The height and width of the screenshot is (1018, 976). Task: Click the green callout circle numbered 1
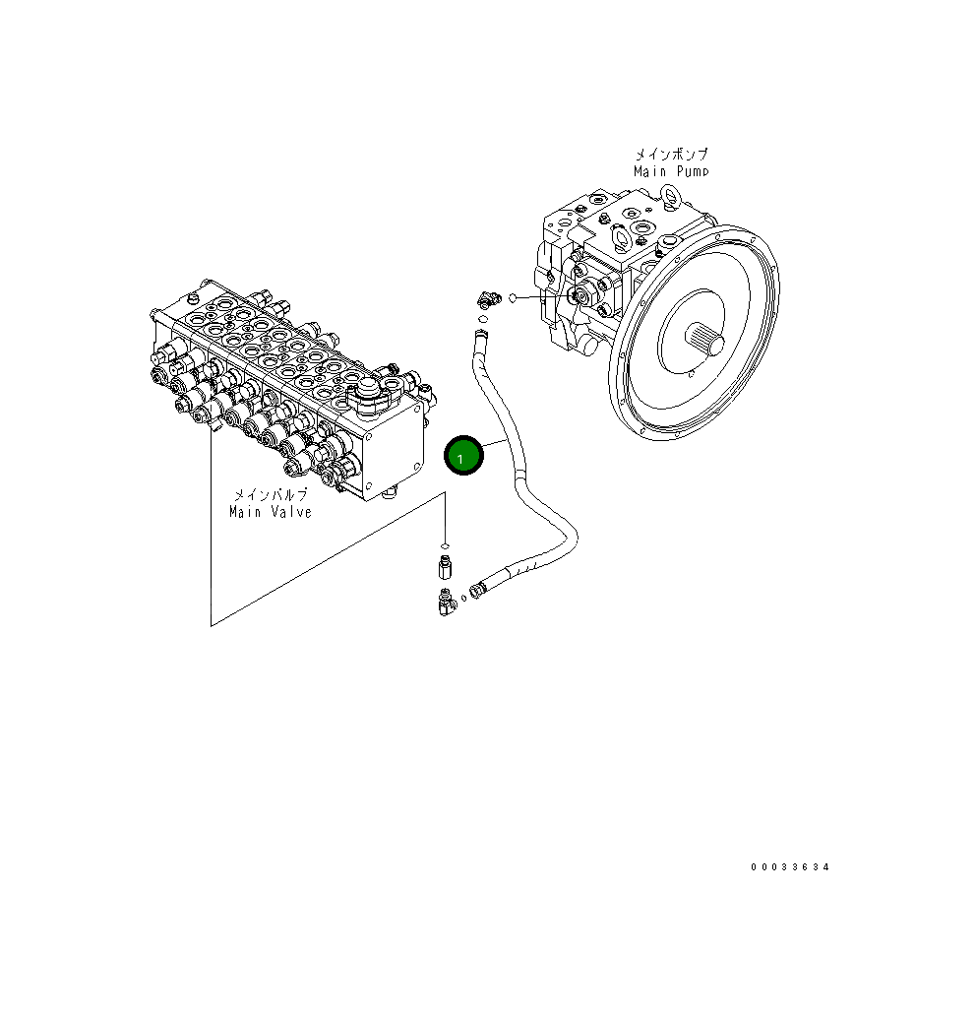point(463,456)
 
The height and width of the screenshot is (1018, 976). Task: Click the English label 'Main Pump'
point(670,171)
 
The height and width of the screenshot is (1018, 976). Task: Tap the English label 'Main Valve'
point(271,512)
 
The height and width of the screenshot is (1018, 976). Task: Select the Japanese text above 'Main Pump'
point(670,155)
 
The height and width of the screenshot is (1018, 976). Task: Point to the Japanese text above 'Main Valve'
point(271,495)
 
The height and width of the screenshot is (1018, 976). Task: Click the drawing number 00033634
point(790,867)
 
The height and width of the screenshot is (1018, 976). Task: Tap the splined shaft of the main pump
point(710,343)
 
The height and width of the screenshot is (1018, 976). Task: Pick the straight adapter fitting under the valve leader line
point(445,568)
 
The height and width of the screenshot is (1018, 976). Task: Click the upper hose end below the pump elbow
point(481,336)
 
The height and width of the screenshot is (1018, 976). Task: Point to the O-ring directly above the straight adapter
point(445,545)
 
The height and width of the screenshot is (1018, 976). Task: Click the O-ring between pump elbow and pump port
point(512,297)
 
